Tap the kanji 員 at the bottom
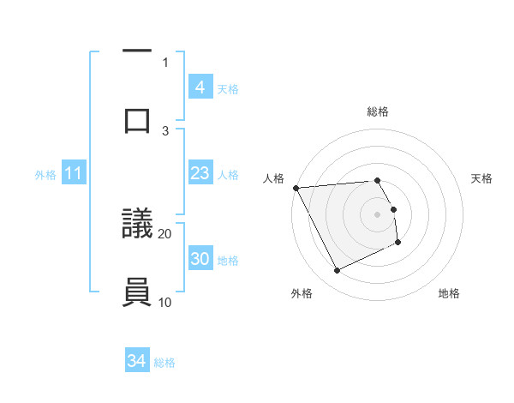click(137, 292)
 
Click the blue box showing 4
click(200, 87)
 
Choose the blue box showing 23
click(200, 174)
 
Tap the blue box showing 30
click(200, 260)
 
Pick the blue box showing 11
click(74, 174)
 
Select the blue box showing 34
click(136, 362)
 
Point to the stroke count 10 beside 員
click(165, 302)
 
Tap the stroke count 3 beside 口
click(165, 130)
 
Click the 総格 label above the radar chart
click(377, 111)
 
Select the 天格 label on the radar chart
click(482, 178)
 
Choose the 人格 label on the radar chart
click(272, 178)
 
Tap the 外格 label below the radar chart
click(302, 293)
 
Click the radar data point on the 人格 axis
click(296, 188)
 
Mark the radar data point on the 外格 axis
click(337, 271)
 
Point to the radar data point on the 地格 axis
click(398, 243)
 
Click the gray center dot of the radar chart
click(377, 214)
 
